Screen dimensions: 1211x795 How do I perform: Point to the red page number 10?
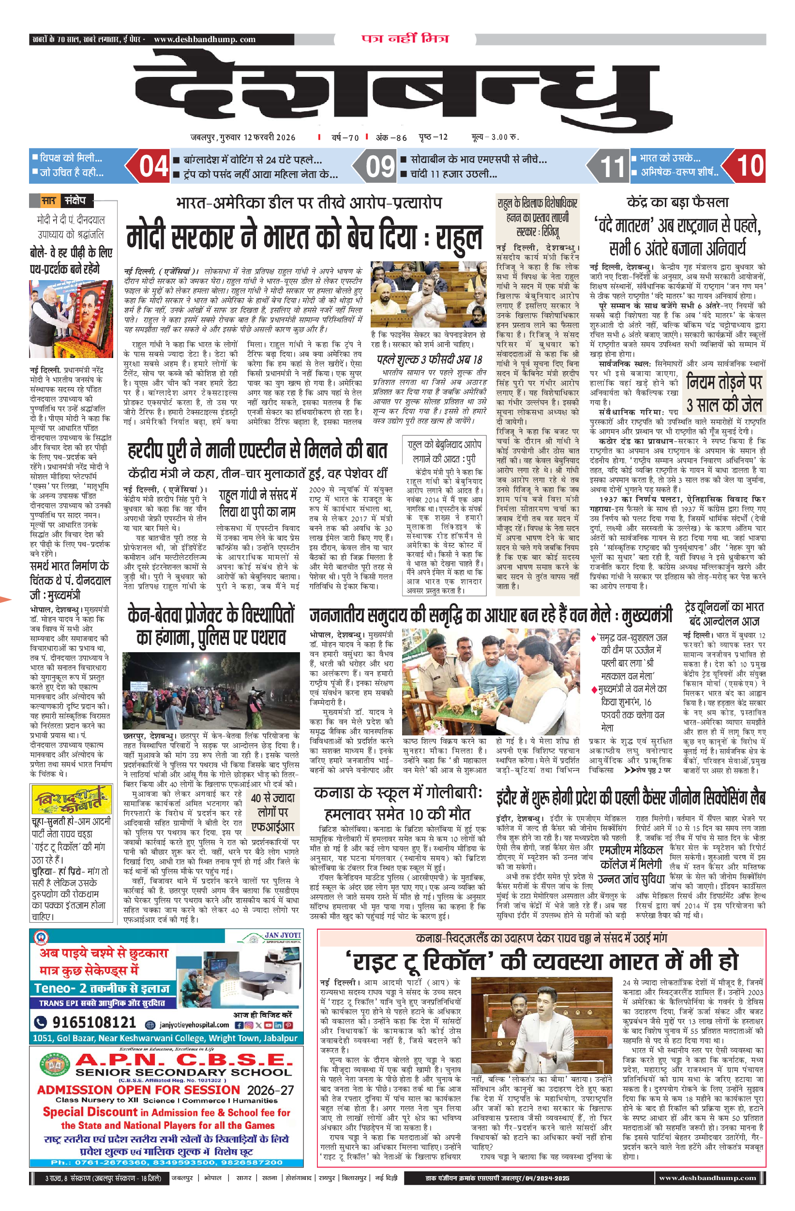point(750,166)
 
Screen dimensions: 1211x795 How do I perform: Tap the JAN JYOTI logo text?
point(282,936)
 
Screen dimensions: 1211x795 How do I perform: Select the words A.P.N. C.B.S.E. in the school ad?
point(184,1061)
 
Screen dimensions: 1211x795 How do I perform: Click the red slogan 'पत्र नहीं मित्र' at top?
point(405,39)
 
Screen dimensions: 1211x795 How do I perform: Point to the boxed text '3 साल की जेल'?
point(724,405)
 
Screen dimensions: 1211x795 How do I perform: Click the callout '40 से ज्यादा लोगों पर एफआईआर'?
point(272,813)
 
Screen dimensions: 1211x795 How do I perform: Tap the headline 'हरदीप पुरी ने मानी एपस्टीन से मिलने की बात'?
point(257,451)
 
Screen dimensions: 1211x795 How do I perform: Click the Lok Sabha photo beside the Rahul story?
point(429,295)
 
